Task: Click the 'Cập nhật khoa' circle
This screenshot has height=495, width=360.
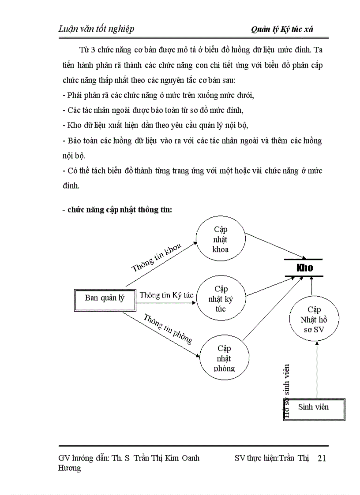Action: click(221, 239)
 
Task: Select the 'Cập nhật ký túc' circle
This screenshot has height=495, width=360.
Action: click(221, 299)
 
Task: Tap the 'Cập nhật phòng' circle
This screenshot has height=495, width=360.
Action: click(224, 358)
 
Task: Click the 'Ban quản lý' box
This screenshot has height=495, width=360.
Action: click(105, 298)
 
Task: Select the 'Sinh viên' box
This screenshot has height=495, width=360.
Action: click(314, 407)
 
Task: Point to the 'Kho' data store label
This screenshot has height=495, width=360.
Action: click(304, 268)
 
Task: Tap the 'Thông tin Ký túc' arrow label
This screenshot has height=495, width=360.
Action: click(166, 295)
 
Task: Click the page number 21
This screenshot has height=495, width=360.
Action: click(322, 458)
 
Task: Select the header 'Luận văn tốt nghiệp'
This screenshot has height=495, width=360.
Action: click(96, 29)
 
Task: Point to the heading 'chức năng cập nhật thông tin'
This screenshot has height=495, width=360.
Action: click(119, 210)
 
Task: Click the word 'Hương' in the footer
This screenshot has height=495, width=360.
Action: click(70, 468)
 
